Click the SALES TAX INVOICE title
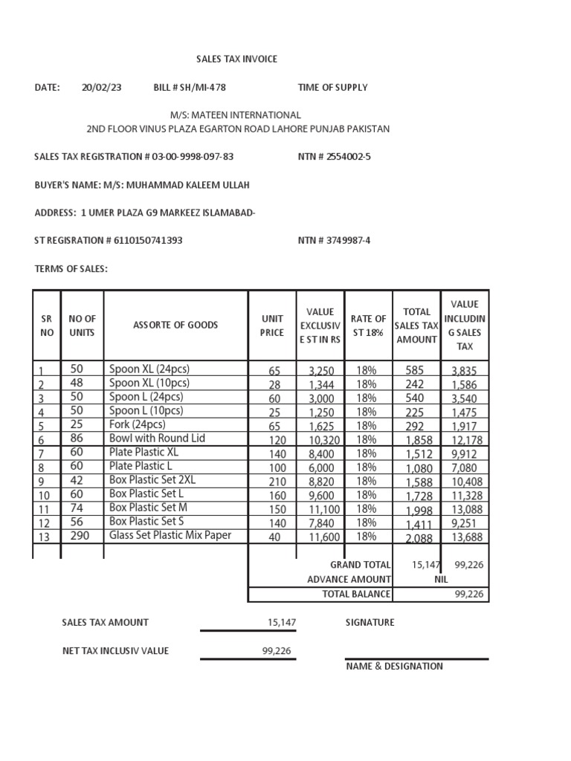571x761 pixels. pos(236,59)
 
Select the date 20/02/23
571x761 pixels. pos(101,87)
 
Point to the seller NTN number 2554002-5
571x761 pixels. pos(343,157)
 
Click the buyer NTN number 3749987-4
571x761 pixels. pos(343,240)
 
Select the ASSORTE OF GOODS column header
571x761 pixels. pos(175,325)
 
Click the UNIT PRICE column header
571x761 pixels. pos(272,326)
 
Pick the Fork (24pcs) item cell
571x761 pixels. pos(138,424)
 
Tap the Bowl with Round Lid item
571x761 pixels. pos(157,438)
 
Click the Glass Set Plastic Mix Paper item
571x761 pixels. pos(170,535)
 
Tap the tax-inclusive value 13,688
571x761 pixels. pos(463,537)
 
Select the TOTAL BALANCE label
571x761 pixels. pos(356,594)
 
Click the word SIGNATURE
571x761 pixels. pos(370,622)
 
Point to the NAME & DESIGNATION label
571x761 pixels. pos(394,666)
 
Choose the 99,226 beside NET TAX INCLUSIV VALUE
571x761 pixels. pos(277,650)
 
